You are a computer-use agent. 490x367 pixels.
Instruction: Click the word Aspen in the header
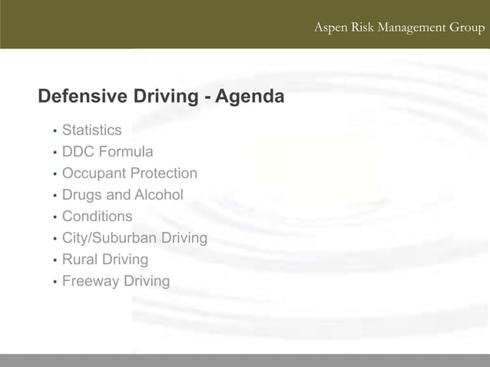click(331, 28)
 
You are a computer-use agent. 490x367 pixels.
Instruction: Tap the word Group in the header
click(467, 28)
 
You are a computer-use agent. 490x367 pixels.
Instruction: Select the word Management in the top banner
click(412, 28)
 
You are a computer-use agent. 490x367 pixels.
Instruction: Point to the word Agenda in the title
click(250, 98)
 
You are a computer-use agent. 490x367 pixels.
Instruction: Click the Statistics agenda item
click(91, 131)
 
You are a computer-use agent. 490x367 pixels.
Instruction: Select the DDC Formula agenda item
click(108, 152)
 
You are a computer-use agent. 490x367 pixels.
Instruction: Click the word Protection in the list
click(163, 174)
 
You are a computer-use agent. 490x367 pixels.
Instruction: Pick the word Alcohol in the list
click(159, 195)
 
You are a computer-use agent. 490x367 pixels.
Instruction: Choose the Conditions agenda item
click(97, 217)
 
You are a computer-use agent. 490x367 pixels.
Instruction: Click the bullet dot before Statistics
click(55, 131)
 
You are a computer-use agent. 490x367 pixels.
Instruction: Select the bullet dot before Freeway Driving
click(55, 282)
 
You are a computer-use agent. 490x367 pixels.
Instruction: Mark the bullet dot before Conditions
click(55, 217)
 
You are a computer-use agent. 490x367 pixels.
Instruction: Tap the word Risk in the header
click(359, 28)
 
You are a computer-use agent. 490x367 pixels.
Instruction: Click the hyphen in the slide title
click(208, 98)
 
